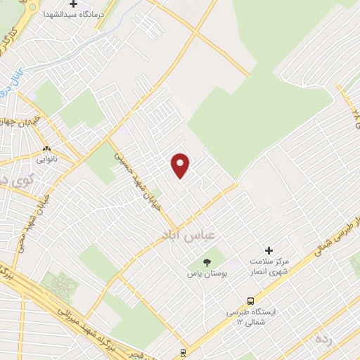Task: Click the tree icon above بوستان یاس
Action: tap(206, 262)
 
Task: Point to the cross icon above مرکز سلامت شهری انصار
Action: tap(268, 250)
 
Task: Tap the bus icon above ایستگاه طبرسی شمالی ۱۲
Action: tap(252, 298)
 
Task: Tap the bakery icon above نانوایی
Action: tap(47, 149)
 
